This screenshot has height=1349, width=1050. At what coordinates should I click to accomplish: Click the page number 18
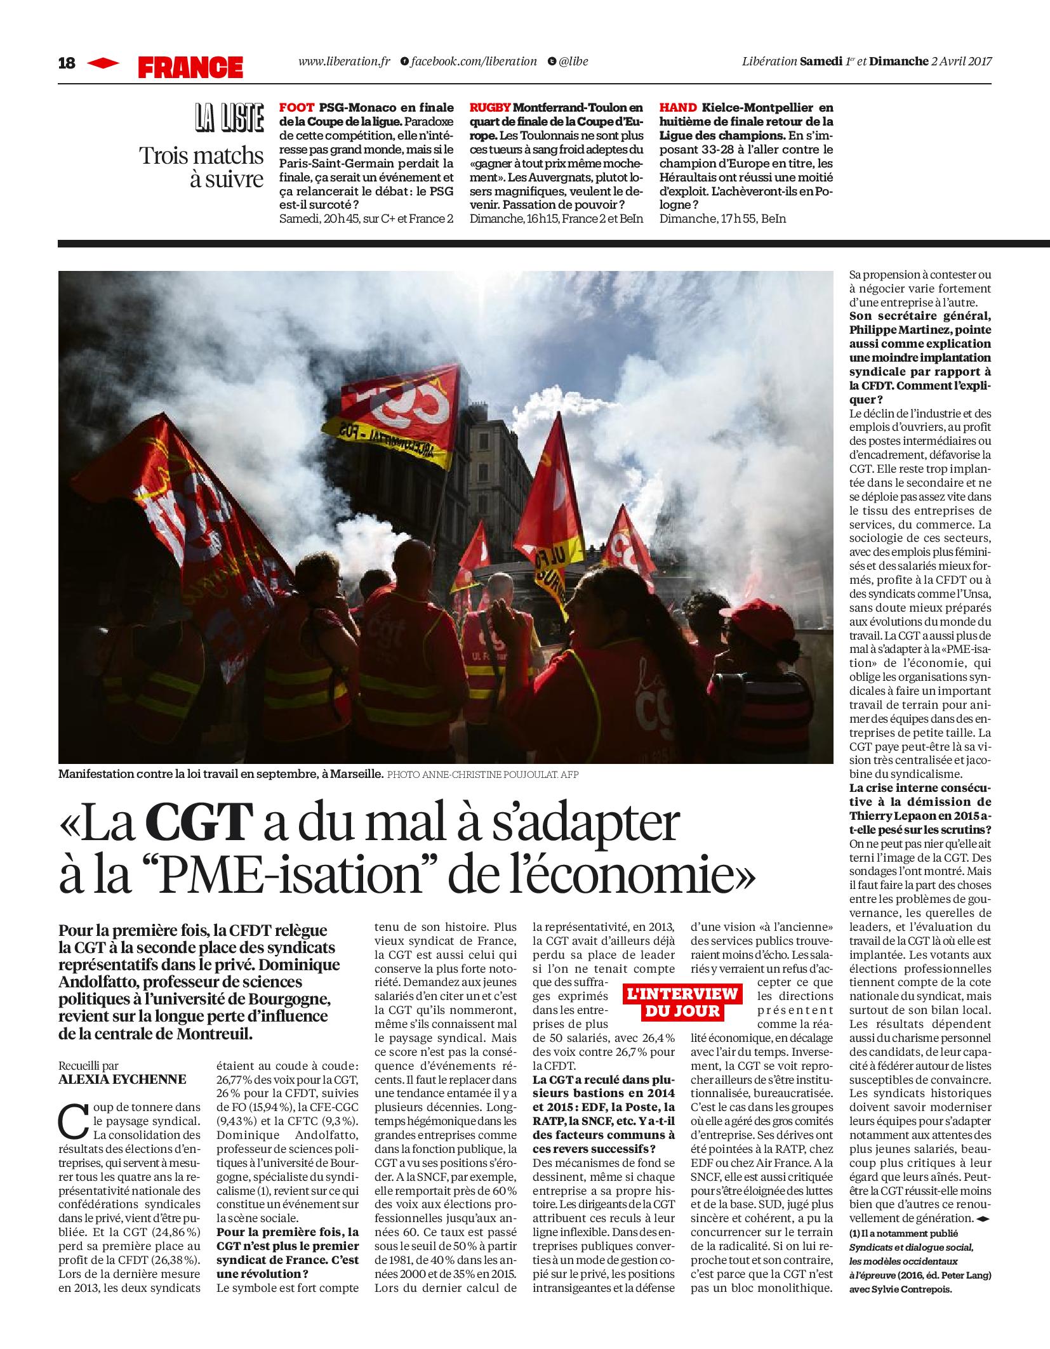click(x=66, y=63)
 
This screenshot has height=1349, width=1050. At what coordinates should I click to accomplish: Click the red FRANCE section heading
click(x=190, y=67)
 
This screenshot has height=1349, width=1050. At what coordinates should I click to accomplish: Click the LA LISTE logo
click(x=229, y=120)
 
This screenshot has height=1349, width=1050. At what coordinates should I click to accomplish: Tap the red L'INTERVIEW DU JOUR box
click(x=681, y=1002)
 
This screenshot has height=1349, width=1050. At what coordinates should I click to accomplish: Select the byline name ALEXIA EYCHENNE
click(x=123, y=1079)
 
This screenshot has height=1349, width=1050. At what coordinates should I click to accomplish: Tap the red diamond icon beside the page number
click(x=103, y=63)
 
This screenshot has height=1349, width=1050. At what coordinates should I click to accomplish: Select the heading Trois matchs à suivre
click(x=202, y=167)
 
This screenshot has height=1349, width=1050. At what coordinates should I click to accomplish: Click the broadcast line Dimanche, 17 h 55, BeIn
click(x=722, y=219)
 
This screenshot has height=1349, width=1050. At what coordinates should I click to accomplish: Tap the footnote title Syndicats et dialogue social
click(x=910, y=1246)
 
